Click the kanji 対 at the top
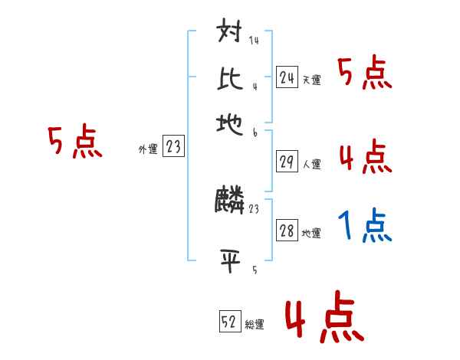pos(231,35)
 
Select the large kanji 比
pos(231,79)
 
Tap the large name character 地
pos(231,123)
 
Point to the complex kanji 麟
pos(230,201)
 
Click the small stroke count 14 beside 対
pos(254,41)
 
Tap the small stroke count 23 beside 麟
pos(255,208)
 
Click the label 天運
pos(312,80)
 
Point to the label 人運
pos(312,163)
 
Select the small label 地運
pos(312,234)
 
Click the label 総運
pos(255,325)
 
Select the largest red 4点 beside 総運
pos(324,319)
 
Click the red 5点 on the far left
pos(74,142)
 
